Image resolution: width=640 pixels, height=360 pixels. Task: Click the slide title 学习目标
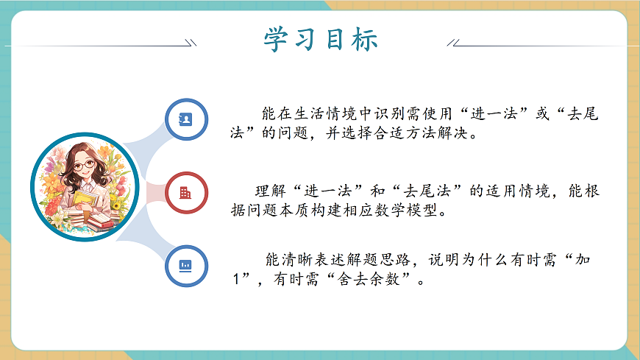click(320, 40)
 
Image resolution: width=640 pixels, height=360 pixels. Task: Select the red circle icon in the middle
click(186, 193)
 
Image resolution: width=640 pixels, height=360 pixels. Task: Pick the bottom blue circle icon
click(186, 265)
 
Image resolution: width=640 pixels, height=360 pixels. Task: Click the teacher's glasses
click(85, 165)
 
